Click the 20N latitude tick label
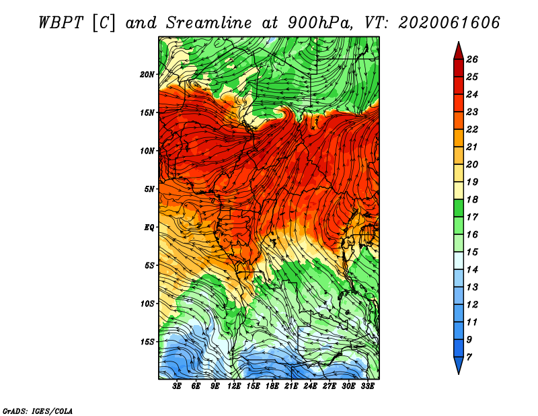point(147,75)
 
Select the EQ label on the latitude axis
point(149,227)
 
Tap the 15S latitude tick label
point(147,342)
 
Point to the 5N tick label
point(149,189)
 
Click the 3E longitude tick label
point(177,386)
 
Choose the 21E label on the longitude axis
point(291,386)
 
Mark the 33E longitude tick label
point(367,386)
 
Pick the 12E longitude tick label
point(233,386)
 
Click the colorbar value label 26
point(472,59)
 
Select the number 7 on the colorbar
point(469,357)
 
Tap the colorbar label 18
point(472,199)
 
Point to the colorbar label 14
point(472,270)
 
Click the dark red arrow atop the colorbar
point(459,52)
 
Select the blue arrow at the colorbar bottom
point(459,365)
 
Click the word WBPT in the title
point(61,23)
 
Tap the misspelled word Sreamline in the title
point(208,23)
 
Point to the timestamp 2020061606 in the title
point(449,23)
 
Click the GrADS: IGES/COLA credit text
point(38,411)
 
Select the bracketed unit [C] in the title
point(104,24)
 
